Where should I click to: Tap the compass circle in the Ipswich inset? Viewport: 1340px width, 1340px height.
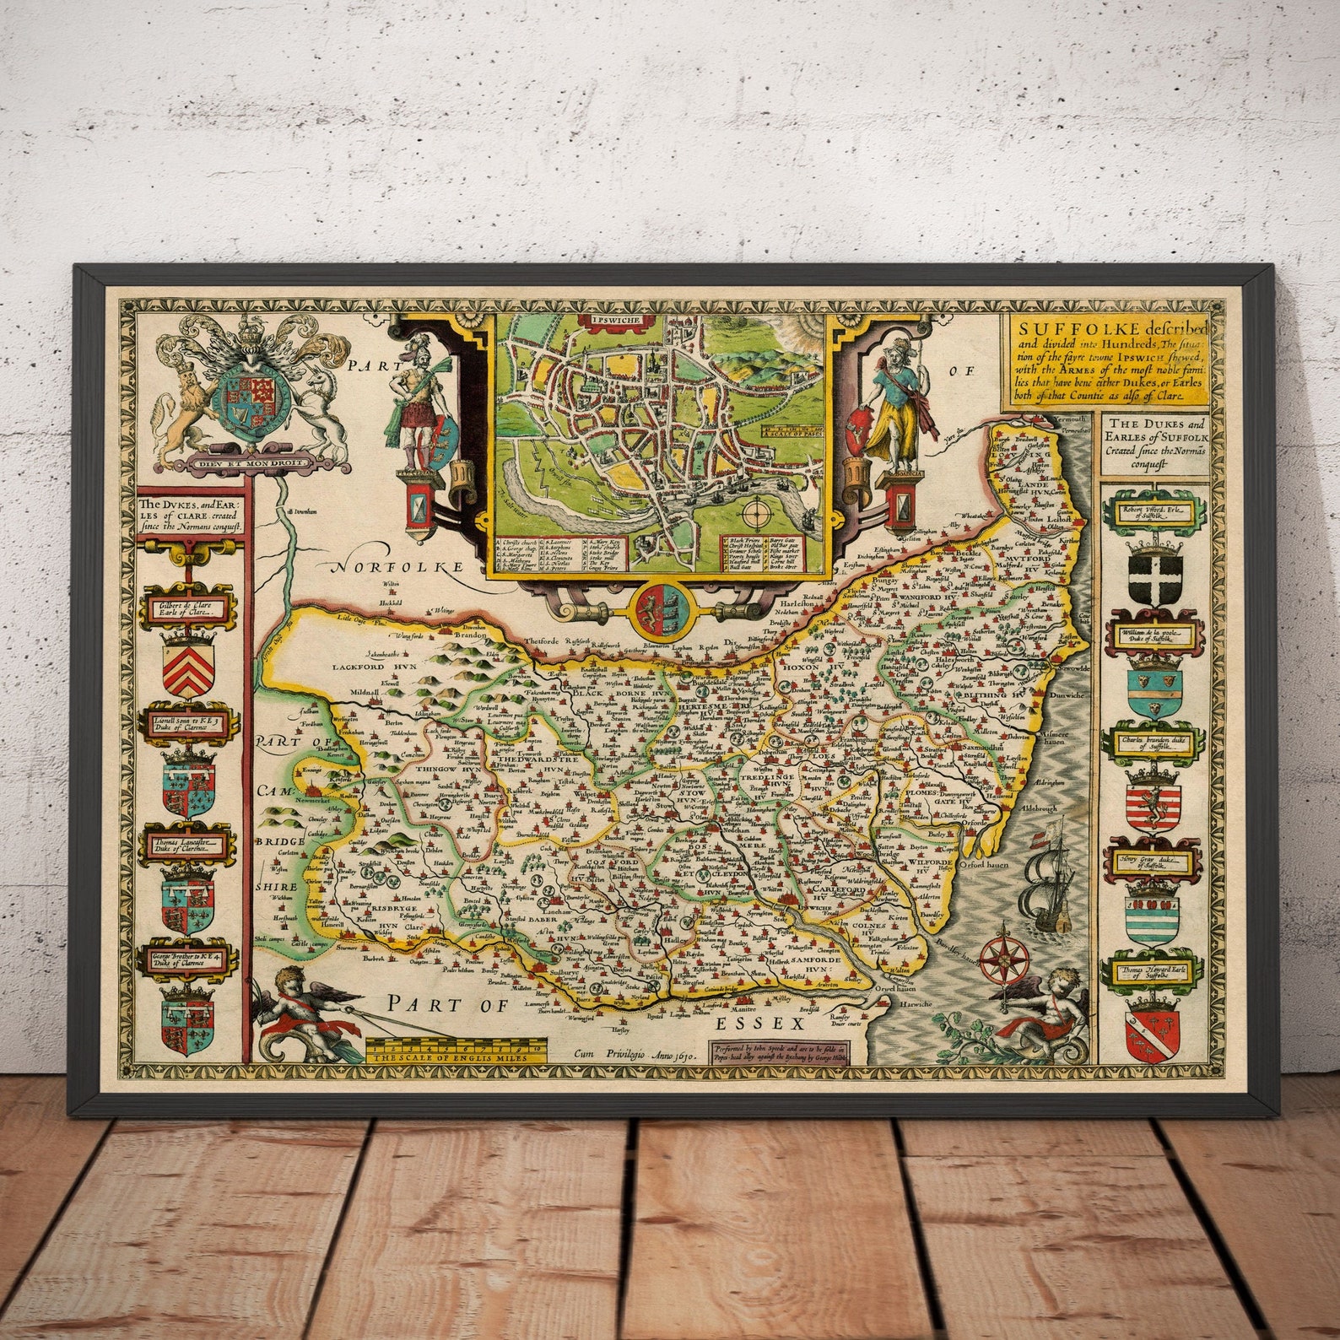point(756,511)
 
